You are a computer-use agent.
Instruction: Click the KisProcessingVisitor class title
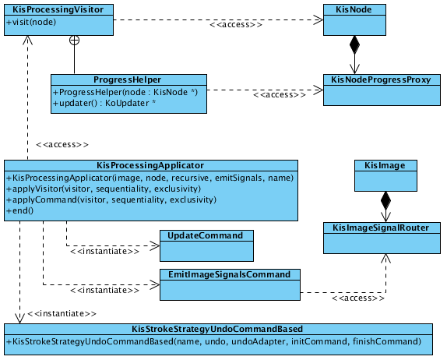tap(58, 9)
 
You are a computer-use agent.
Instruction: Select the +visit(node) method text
tap(32, 22)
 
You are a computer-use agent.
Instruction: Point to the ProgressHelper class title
tap(128, 79)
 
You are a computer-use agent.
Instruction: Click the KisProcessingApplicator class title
tap(150, 165)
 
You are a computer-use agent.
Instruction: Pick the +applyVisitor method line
tap(107, 189)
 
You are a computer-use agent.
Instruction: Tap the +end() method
tap(21, 211)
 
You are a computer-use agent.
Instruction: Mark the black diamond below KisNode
tap(355, 44)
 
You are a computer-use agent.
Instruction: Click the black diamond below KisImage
tap(385, 199)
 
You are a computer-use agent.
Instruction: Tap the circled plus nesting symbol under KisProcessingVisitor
tap(74, 39)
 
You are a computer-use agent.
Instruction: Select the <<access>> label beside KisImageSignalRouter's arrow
tap(354, 298)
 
